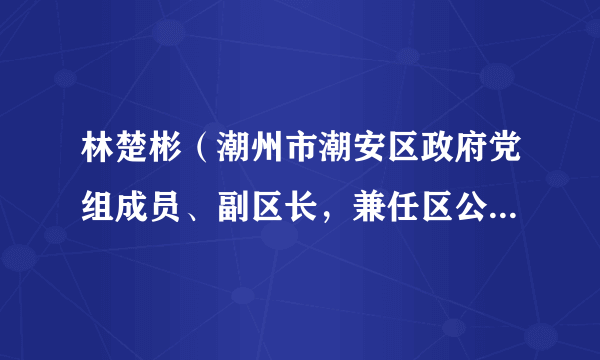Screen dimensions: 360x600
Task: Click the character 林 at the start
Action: [x=84, y=156]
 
